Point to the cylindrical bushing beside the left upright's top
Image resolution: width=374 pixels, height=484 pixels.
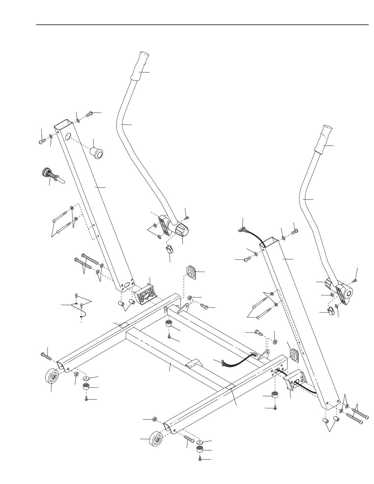pyautogui.click(x=97, y=153)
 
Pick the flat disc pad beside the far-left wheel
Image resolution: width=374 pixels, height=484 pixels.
pyautogui.click(x=87, y=378)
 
